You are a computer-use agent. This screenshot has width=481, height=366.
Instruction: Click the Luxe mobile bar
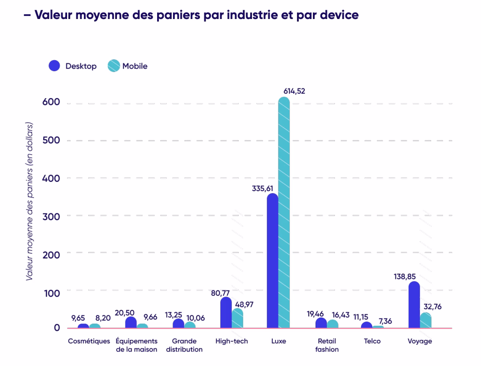[x=284, y=212]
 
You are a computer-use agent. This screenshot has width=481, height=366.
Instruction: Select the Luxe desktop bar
[x=273, y=261]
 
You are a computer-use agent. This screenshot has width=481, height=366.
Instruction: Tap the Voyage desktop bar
[x=414, y=305]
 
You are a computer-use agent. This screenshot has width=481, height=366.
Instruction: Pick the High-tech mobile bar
[x=237, y=318]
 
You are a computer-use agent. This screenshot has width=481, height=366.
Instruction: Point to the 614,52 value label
[x=294, y=91]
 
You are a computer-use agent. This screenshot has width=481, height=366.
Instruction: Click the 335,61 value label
[x=263, y=189]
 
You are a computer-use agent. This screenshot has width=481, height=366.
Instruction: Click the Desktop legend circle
[x=54, y=66]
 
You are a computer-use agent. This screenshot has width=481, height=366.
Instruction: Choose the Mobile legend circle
[x=113, y=66]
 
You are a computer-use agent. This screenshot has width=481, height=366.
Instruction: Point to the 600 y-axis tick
[x=51, y=102]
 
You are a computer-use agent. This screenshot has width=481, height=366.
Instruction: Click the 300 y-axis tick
[x=51, y=216]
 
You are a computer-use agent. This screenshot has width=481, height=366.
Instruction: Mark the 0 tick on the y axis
[x=57, y=328]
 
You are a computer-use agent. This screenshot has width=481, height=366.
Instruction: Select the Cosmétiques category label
[x=89, y=341]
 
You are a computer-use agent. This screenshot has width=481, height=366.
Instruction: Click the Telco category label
[x=372, y=341]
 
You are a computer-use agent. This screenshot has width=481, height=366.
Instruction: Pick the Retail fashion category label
[x=327, y=345]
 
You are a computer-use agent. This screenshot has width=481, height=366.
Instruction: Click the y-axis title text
[x=30, y=201]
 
